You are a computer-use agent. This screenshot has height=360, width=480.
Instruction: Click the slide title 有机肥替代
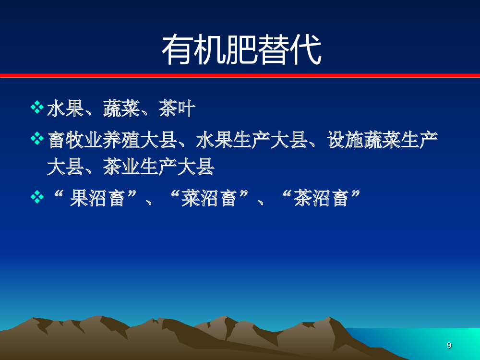click(241, 49)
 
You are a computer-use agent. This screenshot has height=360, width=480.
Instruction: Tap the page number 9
click(449, 345)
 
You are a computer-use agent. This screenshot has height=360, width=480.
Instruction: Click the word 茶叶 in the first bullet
click(177, 108)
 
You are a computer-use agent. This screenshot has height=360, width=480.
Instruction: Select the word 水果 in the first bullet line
click(65, 108)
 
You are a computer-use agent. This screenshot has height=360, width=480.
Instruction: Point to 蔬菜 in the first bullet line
click(121, 108)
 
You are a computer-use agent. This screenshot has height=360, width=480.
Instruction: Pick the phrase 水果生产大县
click(252, 140)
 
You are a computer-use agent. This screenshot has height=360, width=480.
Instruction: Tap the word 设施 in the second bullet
click(345, 140)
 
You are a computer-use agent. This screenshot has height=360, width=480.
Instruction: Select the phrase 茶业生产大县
click(158, 167)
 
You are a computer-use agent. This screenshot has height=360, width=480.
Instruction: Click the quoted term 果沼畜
click(97, 198)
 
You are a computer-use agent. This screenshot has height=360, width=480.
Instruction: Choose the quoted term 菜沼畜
click(209, 198)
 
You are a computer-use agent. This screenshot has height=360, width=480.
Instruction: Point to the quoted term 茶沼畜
click(321, 198)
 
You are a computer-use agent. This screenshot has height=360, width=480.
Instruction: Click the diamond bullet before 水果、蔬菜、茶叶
click(37, 107)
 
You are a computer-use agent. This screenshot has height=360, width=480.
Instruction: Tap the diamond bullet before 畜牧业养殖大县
click(37, 138)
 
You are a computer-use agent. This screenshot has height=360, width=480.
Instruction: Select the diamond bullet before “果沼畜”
click(37, 197)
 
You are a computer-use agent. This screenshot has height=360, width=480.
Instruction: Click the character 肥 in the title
click(241, 49)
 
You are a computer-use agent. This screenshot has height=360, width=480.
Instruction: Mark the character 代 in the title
click(306, 49)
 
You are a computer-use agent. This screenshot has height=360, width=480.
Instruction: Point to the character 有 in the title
click(178, 49)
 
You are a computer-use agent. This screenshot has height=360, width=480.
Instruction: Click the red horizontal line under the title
click(240, 76)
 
